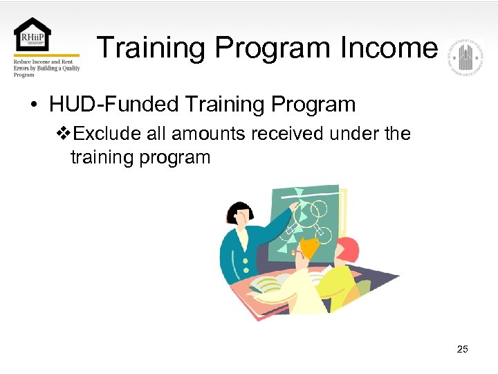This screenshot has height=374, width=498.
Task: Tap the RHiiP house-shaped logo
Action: coord(32,35)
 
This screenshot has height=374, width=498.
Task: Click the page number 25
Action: coord(463,349)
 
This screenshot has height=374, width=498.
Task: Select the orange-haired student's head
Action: coord(307,247)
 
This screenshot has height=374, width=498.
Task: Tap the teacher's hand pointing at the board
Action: coord(295,206)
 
